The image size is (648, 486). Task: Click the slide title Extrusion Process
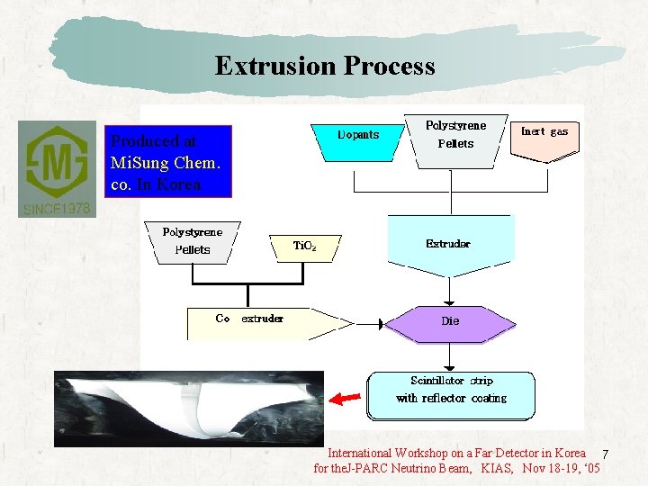coord(324,66)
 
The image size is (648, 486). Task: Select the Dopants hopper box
coord(357,139)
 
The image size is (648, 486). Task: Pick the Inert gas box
coord(545,137)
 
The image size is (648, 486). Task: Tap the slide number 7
coord(606,454)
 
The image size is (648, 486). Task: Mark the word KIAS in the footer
coord(499,469)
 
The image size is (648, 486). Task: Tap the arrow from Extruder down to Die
coord(448,290)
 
